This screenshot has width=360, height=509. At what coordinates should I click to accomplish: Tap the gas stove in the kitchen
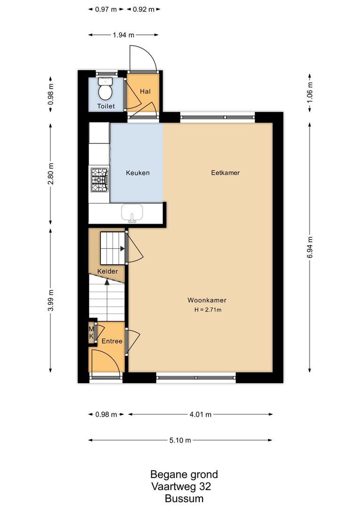point(99,180)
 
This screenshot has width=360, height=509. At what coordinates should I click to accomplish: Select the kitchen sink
point(132,213)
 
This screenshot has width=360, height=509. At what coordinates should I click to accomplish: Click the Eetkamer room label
point(225,173)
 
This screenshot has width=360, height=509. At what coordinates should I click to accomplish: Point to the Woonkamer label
point(207,300)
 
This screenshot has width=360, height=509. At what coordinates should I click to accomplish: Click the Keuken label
point(138,173)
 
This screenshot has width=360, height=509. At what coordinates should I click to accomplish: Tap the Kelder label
point(107,271)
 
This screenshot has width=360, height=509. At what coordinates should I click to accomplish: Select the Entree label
point(112,341)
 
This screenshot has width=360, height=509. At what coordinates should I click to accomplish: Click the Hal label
point(145,91)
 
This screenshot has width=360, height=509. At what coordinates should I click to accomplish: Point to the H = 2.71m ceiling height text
point(208,310)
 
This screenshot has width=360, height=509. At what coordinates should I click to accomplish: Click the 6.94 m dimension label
point(310,246)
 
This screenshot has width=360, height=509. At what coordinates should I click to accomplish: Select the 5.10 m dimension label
point(180,440)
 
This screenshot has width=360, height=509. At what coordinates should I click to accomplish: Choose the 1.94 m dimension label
point(123,34)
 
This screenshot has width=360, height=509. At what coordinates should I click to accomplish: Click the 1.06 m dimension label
point(310,93)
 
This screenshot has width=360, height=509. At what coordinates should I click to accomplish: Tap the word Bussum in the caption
point(184,499)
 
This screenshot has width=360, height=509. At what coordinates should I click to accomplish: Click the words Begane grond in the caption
point(184,474)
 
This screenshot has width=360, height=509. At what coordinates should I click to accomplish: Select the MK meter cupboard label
point(91,333)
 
